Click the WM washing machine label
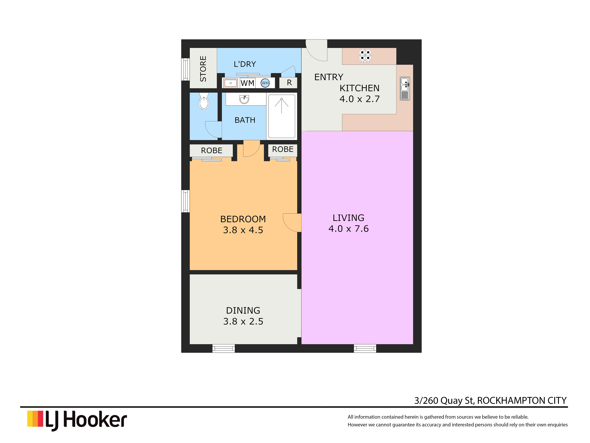[248, 83]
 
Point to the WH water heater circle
[265, 83]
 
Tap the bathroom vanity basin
[244, 99]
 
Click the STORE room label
[203, 69]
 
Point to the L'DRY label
[245, 64]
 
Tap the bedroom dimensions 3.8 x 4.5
[243, 230]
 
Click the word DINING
[243, 310]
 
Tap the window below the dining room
[223, 348]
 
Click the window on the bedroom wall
[185, 201]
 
